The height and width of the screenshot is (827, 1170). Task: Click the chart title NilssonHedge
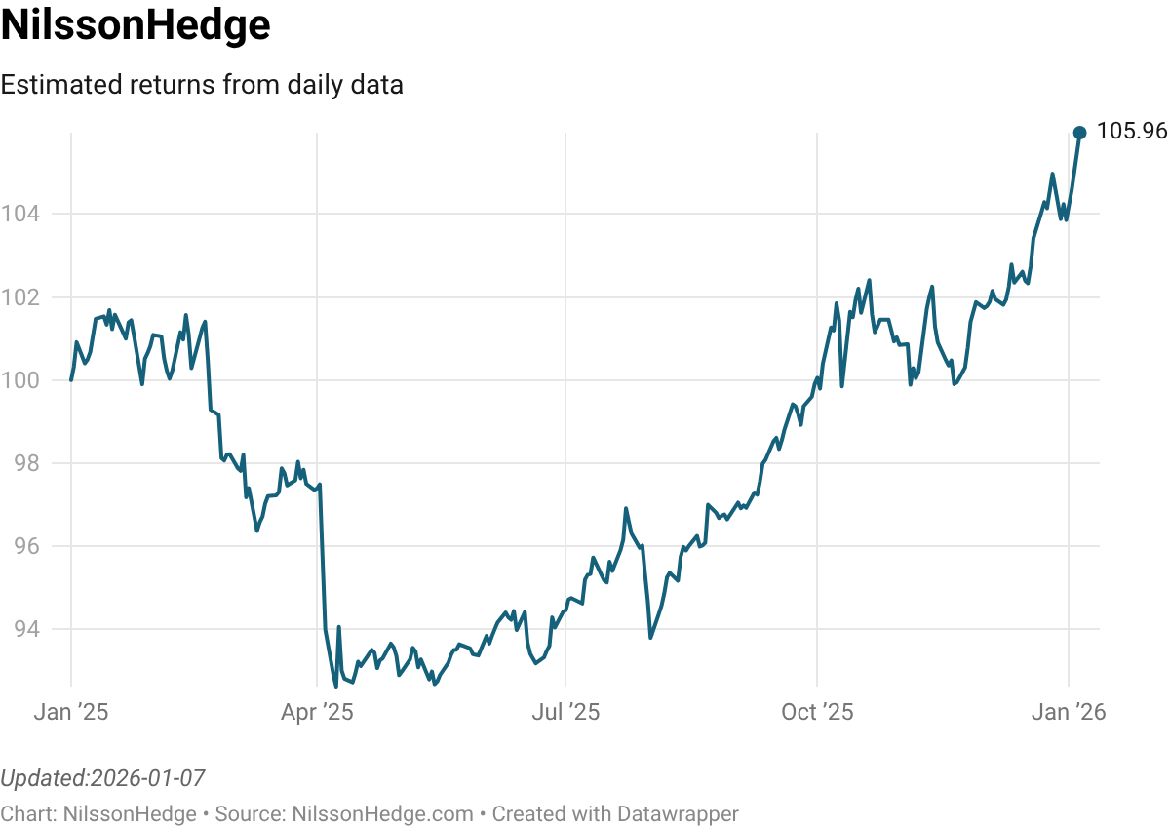[136, 26]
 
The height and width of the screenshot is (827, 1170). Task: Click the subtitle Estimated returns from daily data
[202, 85]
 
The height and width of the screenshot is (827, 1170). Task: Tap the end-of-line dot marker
[1079, 132]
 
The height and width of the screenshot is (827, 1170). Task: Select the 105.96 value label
[1131, 132]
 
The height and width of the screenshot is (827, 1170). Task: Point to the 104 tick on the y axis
[20, 214]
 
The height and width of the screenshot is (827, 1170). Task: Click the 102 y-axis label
[20, 296]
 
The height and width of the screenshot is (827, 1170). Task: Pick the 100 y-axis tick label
[20, 379]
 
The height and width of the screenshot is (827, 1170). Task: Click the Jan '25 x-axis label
[71, 713]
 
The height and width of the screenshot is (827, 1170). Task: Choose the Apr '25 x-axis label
[317, 713]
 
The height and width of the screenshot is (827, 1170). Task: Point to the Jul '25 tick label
[565, 713]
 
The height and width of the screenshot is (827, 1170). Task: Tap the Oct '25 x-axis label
[817, 713]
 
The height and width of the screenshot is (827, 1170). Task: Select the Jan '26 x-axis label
[1070, 713]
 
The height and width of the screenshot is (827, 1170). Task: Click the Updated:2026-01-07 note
[102, 778]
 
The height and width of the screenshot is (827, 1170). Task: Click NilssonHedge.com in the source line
[382, 813]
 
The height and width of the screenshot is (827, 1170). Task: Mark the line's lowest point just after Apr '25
[335, 686]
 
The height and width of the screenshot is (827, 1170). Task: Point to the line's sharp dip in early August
[650, 638]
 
